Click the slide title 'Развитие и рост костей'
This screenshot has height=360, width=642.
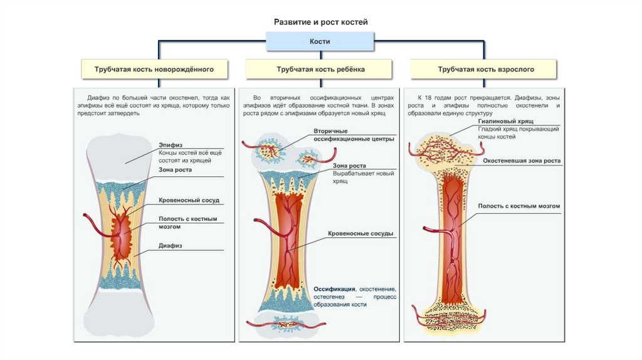click(x=320, y=22)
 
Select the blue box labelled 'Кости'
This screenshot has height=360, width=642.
click(x=320, y=42)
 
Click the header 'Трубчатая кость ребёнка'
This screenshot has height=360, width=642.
click(x=320, y=70)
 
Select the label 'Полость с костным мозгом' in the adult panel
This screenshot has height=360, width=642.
click(x=518, y=206)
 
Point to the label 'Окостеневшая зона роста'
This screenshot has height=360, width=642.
click(x=522, y=161)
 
